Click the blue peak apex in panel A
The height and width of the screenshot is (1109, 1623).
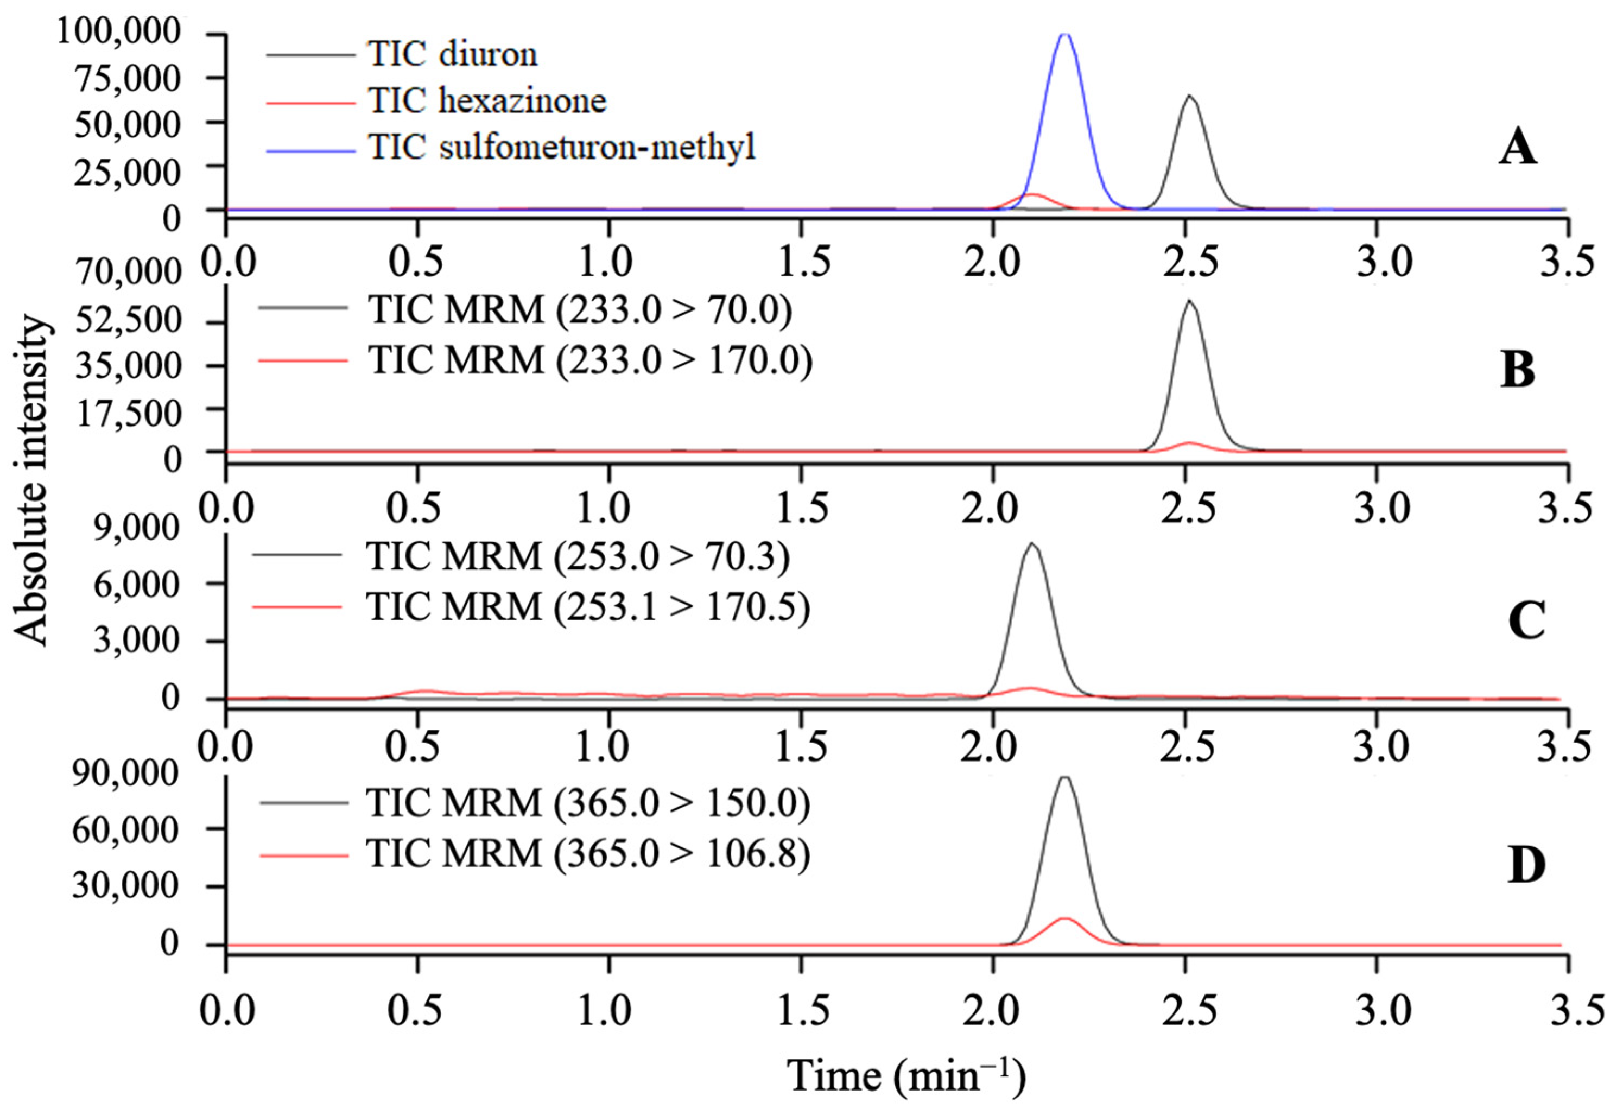[x=1064, y=34]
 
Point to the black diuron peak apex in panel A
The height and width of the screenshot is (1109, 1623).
[x=1190, y=97]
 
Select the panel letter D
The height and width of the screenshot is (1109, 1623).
[x=1526, y=866]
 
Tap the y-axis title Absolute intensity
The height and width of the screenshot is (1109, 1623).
[x=31, y=482]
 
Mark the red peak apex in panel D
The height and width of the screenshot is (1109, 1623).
[x=1064, y=918]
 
